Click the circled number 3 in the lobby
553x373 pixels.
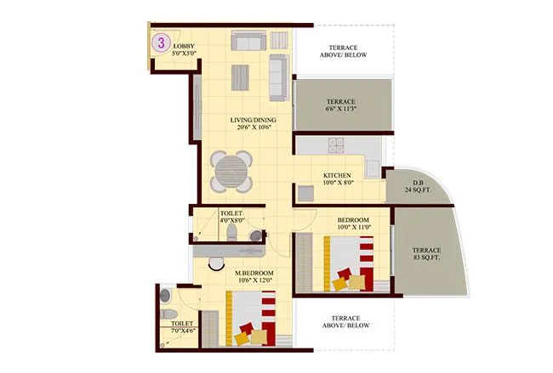point(159,41)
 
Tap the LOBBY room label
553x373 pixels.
point(185,44)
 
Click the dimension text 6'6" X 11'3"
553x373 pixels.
point(343,107)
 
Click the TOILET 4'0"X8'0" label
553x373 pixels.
point(231,217)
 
